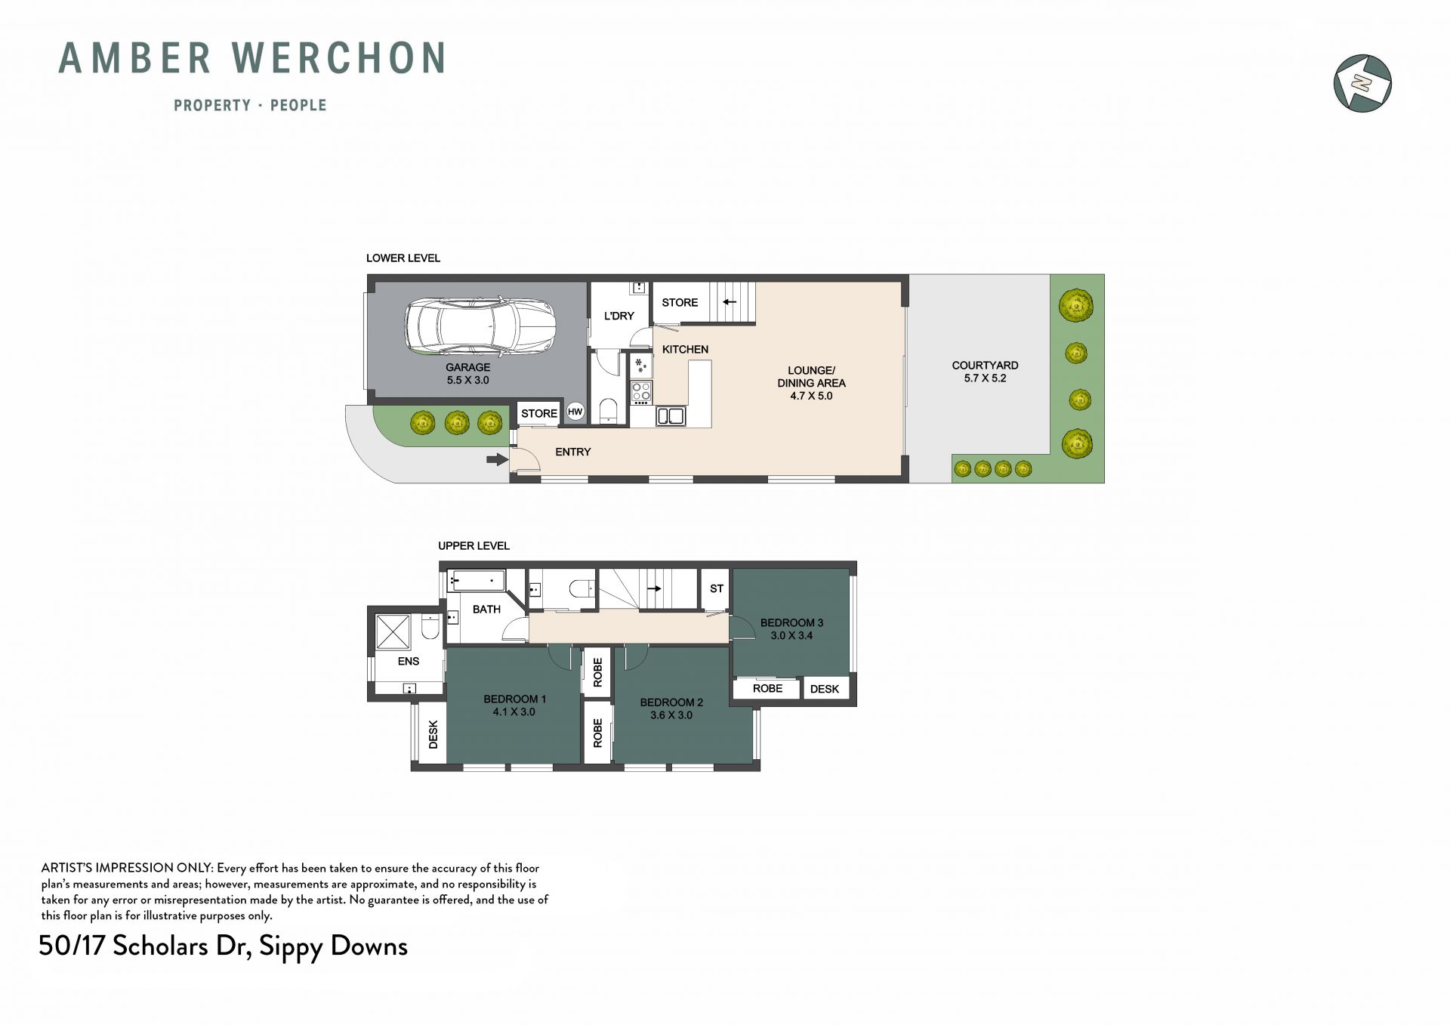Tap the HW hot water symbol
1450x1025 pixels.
pos(575,412)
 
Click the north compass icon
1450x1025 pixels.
pos(1362,83)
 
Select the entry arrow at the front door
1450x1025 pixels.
pos(497,458)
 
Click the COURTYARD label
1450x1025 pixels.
pos(985,366)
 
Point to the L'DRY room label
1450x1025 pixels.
pos(619,316)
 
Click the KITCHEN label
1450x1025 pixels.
pos(685,349)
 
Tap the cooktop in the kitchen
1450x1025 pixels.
pos(641,391)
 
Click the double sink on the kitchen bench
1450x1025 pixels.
pos(670,415)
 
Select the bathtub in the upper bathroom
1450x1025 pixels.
pos(477,580)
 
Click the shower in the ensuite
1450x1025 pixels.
pos(393,631)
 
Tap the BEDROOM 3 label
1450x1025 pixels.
pos(791,622)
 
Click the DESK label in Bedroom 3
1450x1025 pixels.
pos(825,689)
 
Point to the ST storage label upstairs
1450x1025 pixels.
pos(717,588)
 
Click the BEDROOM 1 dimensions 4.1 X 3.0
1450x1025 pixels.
pos(514,712)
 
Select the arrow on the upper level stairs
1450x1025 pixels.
pos(654,588)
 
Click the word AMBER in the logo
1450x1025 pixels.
pos(135,58)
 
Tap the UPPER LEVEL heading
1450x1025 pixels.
pos(474,545)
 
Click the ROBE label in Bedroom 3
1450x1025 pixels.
pos(767,688)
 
